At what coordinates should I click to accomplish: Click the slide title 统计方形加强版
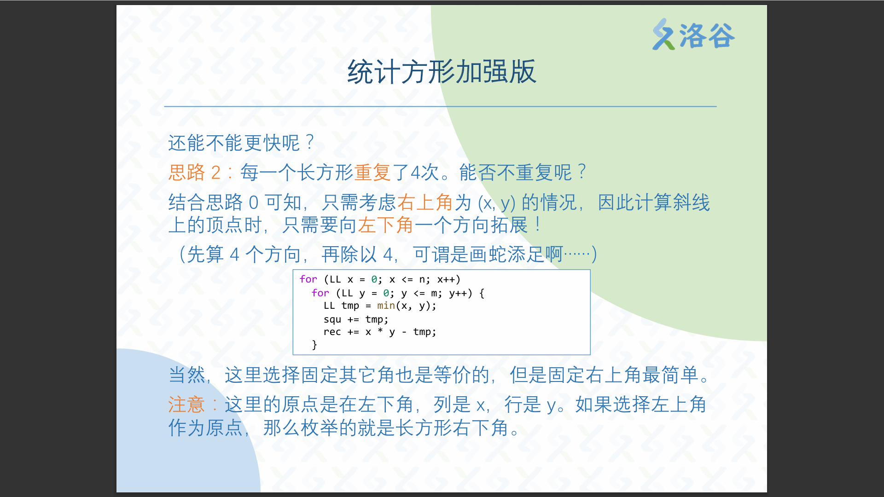442,72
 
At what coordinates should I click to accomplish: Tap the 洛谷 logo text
707,36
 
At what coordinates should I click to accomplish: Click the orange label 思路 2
195,173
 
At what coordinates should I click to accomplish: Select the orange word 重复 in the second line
372,173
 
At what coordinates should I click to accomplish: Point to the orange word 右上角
425,202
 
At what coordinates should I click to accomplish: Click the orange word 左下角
386,225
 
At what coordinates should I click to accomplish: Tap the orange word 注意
186,405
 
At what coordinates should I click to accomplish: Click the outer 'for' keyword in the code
308,279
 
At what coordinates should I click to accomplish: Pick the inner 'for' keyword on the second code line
320,293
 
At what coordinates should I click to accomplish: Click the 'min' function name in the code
386,306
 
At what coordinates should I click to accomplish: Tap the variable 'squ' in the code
332,319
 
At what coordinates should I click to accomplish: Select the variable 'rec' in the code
332,332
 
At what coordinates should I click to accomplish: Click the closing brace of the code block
314,345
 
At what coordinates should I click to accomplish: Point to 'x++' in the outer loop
446,279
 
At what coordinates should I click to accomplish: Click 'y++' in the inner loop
458,293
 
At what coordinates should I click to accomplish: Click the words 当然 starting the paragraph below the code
187,375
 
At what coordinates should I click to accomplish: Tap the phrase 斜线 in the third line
692,202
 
